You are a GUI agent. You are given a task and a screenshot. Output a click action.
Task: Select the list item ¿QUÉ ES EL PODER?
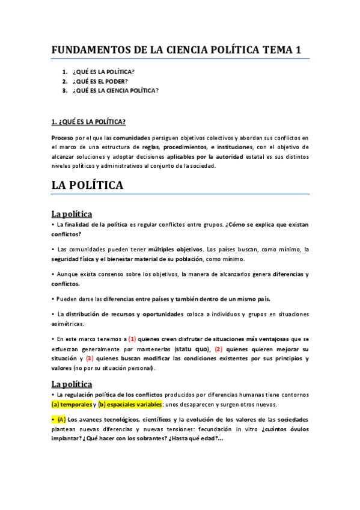click(x=100, y=81)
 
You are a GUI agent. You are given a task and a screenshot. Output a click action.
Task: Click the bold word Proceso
click(x=63, y=138)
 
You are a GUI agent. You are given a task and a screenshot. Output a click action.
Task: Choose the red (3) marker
click(x=90, y=358)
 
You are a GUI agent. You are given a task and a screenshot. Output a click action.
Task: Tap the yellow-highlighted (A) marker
click(x=61, y=419)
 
